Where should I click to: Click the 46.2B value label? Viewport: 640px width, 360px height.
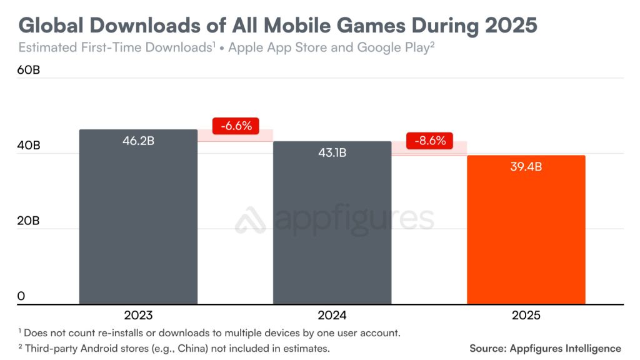point(138,141)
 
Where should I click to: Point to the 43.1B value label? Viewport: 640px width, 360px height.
point(332,152)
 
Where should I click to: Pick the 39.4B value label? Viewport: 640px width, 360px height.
point(526,167)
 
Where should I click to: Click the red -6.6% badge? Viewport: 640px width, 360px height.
point(236,126)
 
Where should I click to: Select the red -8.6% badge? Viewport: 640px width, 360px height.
point(429,141)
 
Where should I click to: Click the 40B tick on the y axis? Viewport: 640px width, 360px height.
point(28,145)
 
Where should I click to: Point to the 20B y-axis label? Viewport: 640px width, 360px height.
point(28,221)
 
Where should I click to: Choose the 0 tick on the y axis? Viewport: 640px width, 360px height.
point(21,296)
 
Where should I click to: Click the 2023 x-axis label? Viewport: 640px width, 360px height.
point(138,316)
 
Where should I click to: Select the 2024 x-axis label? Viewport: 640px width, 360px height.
point(332,316)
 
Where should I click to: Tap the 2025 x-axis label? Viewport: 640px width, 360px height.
point(526,316)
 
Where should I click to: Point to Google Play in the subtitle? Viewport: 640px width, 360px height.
point(392,48)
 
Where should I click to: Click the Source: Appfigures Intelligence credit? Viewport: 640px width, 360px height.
point(545,348)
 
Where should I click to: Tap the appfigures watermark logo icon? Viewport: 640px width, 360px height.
point(251,220)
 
